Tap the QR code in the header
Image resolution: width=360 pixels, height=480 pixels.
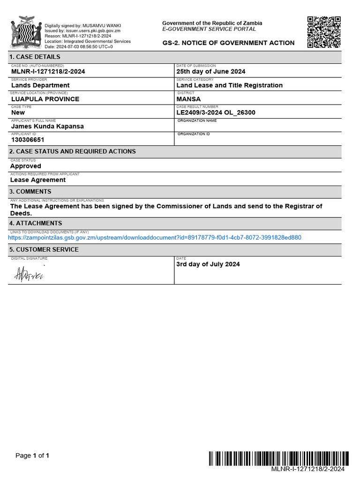[324, 32]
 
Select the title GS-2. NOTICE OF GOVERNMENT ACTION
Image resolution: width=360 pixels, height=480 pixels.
[228, 43]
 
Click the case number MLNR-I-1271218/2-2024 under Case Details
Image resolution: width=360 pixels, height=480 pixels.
[48, 72]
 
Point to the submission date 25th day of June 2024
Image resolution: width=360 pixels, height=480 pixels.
[210, 72]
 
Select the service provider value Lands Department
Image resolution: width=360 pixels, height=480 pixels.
[40, 85]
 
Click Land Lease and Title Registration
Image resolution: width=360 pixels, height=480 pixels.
[229, 85]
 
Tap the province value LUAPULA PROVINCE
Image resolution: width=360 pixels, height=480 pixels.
[45, 99]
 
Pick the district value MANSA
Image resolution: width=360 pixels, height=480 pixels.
[188, 99]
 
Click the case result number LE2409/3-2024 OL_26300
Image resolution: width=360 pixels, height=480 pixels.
[216, 112]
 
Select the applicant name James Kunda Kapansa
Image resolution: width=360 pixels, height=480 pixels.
[47, 126]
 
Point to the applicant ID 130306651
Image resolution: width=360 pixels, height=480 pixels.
[28, 140]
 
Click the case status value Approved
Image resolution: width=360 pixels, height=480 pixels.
[26, 166]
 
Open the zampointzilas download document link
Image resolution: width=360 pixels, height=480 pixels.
[155, 238]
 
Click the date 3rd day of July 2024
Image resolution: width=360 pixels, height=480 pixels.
[208, 264]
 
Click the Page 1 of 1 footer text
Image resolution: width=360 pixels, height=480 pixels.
[32, 456]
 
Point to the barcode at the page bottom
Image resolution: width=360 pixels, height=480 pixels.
[278, 458]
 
